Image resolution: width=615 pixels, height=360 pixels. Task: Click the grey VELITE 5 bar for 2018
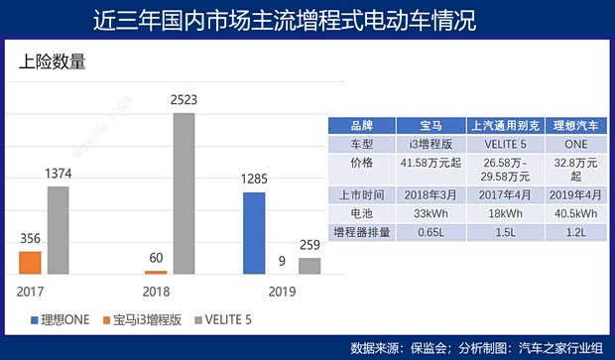pos(184,193)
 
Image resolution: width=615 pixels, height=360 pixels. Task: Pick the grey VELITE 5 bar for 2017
pos(59,230)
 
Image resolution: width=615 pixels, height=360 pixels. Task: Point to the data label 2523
pos(185,101)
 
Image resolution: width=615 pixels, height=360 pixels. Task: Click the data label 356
pos(31,239)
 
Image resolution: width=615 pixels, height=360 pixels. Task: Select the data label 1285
pos(255,180)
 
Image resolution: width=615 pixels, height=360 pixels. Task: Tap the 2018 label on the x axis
pos(156,292)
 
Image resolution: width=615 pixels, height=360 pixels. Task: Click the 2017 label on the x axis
pos(31,292)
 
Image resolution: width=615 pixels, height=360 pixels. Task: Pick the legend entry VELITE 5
pos(231,319)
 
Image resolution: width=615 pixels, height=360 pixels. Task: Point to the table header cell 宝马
pos(431,126)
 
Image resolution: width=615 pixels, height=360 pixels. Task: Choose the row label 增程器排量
pos(362,230)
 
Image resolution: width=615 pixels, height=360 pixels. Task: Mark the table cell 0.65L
pos(431,230)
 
